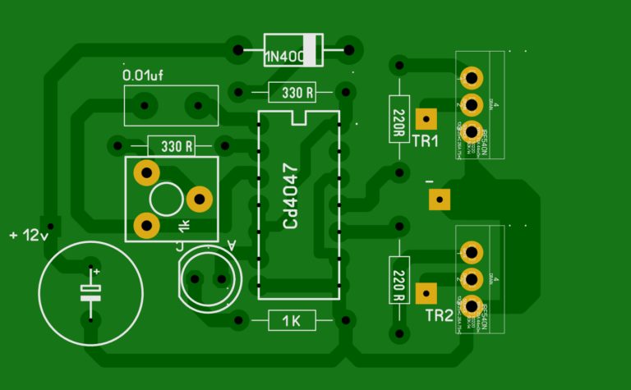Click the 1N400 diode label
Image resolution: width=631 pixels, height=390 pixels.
click(283, 57)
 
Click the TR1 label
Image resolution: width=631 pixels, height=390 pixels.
click(426, 141)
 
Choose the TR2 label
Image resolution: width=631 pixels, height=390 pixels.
click(439, 316)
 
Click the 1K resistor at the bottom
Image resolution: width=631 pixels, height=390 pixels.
click(292, 321)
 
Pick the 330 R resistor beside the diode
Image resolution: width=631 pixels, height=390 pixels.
click(292, 93)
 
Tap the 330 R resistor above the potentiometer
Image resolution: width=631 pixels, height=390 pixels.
click(172, 147)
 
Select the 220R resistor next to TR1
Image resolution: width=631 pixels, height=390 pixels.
click(398, 118)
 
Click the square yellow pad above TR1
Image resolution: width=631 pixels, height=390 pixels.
click(426, 118)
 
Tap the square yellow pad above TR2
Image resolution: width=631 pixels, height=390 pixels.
click(426, 292)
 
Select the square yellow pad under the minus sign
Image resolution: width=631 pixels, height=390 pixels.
click(439, 199)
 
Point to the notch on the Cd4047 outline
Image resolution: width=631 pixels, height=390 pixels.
click(297, 117)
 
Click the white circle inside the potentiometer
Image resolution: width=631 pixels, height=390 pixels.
click(166, 199)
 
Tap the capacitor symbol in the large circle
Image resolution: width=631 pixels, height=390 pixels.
click(90, 293)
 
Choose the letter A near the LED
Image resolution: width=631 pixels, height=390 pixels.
click(230, 245)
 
